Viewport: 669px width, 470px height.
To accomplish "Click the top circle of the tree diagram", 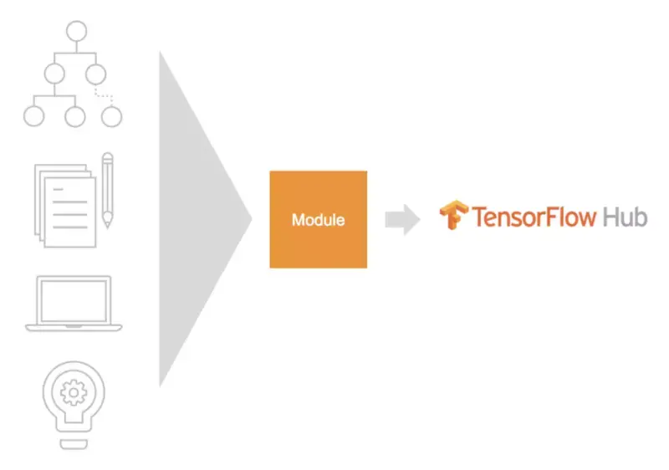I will pos(77,33).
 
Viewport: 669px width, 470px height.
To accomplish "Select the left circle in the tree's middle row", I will pos(54,74).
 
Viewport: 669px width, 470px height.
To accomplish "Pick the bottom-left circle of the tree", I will pos(33,115).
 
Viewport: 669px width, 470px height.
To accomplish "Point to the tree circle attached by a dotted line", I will pos(111,115).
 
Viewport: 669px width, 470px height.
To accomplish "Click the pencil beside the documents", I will pos(107,189).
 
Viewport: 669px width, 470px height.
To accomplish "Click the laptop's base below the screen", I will pos(74,326).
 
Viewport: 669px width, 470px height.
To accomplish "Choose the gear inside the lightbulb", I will pos(74,391).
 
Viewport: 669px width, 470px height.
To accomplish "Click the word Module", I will pos(318,220).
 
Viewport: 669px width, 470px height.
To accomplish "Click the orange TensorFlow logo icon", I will pos(453,216).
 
